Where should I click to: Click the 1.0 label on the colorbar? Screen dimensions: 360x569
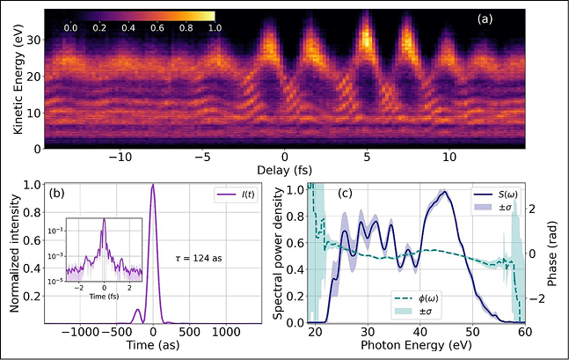click(215, 28)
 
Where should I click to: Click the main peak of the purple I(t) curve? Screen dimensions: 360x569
click(154, 185)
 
